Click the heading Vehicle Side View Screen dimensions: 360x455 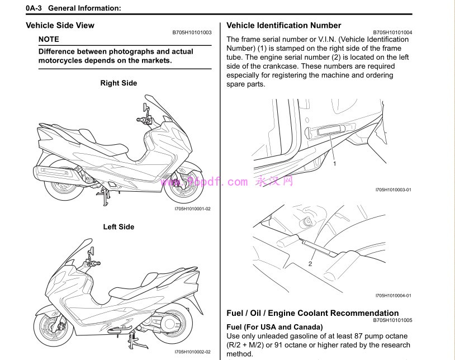(x=60, y=26)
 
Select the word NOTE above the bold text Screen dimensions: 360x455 (x=49, y=39)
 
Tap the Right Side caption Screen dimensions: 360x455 (x=119, y=83)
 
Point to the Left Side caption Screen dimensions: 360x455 (x=119, y=227)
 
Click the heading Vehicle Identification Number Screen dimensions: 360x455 (x=283, y=26)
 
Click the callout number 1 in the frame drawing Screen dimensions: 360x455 (x=334, y=164)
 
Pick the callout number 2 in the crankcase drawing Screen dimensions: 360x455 (x=310, y=263)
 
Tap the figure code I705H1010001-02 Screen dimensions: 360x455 (x=192, y=209)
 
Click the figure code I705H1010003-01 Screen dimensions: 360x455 (x=393, y=190)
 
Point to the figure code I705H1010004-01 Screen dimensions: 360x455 (x=393, y=296)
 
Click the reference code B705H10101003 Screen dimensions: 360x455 (x=192, y=32)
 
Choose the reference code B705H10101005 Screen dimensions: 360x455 (x=392, y=320)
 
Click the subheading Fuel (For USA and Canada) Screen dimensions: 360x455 (x=274, y=327)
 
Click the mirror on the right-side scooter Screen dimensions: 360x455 (x=147, y=106)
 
